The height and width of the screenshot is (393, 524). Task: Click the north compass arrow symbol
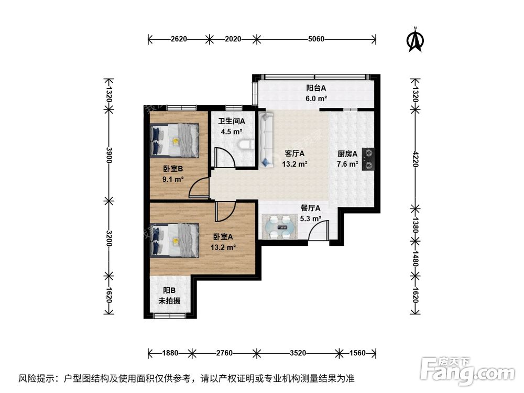[x=416, y=40]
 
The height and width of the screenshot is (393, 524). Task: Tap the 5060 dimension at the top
[x=316, y=38]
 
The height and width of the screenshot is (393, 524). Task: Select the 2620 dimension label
[x=179, y=38]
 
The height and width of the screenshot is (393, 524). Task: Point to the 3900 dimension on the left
[x=109, y=155]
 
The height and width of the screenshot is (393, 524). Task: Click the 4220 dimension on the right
[x=416, y=158]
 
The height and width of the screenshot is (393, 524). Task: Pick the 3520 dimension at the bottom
[x=297, y=353]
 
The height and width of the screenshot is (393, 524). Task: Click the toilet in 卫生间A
[x=245, y=144]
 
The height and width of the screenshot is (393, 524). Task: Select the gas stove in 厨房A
[x=369, y=159]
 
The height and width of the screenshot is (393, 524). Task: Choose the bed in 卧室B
[x=174, y=140]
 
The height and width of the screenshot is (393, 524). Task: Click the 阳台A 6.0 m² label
[x=316, y=93]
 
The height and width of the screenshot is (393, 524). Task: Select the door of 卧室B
[x=199, y=188]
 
